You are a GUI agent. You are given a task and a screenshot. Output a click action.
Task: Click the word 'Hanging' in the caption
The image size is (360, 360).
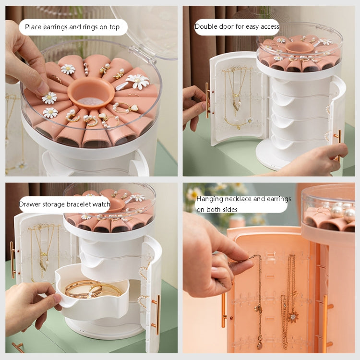pyautogui.click(x=210, y=199)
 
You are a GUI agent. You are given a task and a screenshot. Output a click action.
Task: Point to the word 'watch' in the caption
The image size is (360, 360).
pyautogui.click(x=100, y=204)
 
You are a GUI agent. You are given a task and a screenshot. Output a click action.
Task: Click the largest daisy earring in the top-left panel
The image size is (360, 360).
pyautogui.click(x=138, y=81)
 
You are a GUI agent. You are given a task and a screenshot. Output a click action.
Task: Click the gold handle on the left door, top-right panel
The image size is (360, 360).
pyautogui.click(x=208, y=100)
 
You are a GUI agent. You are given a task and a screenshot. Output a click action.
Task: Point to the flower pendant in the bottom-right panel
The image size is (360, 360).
pyautogui.click(x=293, y=316)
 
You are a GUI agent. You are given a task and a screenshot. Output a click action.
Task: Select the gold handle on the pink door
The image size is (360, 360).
pyautogui.click(x=224, y=310)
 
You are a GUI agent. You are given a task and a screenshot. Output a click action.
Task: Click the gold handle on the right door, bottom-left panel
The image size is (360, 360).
pyautogui.click(x=157, y=314)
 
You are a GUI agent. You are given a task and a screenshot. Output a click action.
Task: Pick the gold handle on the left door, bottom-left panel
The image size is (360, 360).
pyautogui.click(x=12, y=260)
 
